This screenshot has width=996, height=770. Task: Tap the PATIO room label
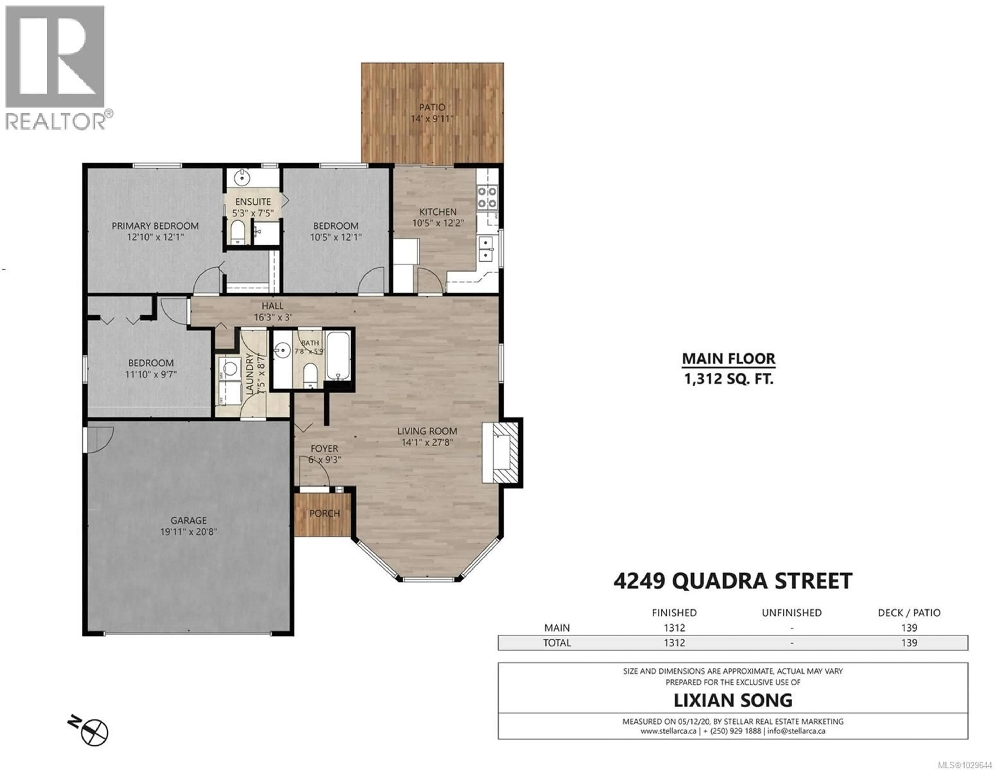[x=432, y=108]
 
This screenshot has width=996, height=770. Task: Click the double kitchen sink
[x=486, y=249]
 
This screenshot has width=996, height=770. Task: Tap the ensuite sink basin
[x=242, y=178]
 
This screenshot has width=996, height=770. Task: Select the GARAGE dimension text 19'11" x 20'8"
[x=188, y=532]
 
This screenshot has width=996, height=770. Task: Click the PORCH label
[x=324, y=513]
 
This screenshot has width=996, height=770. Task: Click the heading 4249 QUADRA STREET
[x=732, y=581]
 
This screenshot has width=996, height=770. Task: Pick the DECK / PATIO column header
[x=909, y=613]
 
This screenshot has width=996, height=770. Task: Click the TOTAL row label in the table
[x=556, y=643]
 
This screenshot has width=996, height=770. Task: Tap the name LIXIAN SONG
[x=732, y=700]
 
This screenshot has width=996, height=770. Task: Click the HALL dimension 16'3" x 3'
[x=272, y=317]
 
